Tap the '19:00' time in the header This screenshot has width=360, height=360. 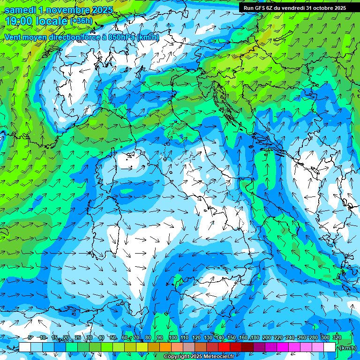coord(18,21)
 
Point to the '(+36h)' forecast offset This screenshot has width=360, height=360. coord(81,21)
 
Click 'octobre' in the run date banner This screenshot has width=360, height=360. coord(320,7)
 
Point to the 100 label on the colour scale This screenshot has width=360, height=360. coord(172,337)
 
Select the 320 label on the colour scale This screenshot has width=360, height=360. coord(337,337)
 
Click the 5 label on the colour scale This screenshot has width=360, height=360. coord(30,337)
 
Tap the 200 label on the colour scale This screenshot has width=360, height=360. coord(266,337)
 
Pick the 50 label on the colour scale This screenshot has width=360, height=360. coord(112,337)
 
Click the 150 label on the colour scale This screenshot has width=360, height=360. coord(231,337)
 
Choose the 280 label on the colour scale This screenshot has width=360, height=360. coord(313,337)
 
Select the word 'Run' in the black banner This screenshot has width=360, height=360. coord(248,7)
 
